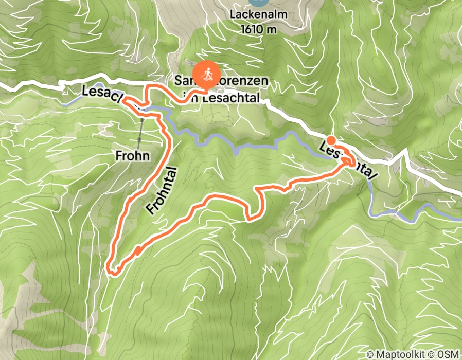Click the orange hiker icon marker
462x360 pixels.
[207, 74]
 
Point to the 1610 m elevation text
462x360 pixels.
[258, 29]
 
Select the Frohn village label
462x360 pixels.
[132, 155]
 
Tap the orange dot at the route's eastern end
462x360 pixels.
[331, 140]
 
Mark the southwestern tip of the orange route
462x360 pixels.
[108, 268]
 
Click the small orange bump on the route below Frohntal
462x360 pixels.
[138, 250]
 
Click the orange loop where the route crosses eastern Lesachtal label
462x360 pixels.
[351, 160]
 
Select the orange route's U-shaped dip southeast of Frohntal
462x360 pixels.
[252, 218]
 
